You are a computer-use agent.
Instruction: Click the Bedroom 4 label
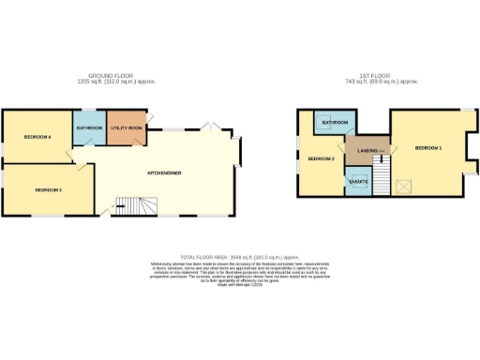click(x=37, y=137)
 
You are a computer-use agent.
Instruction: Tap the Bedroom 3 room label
click(x=49, y=190)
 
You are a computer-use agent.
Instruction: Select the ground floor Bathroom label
click(x=90, y=127)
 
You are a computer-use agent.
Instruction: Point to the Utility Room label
click(x=126, y=127)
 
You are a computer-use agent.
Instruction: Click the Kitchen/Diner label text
click(x=164, y=172)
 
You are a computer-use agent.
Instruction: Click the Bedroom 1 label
click(x=428, y=148)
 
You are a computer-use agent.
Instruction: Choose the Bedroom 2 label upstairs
click(x=321, y=158)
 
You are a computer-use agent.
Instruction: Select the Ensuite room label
click(x=358, y=180)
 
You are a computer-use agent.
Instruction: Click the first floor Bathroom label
click(x=335, y=123)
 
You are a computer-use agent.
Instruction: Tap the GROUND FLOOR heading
click(x=109, y=75)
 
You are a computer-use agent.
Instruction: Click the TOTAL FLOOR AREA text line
click(x=239, y=256)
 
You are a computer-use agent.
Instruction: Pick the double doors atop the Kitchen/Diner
click(x=213, y=128)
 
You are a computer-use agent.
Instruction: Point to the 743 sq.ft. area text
click(x=383, y=82)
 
